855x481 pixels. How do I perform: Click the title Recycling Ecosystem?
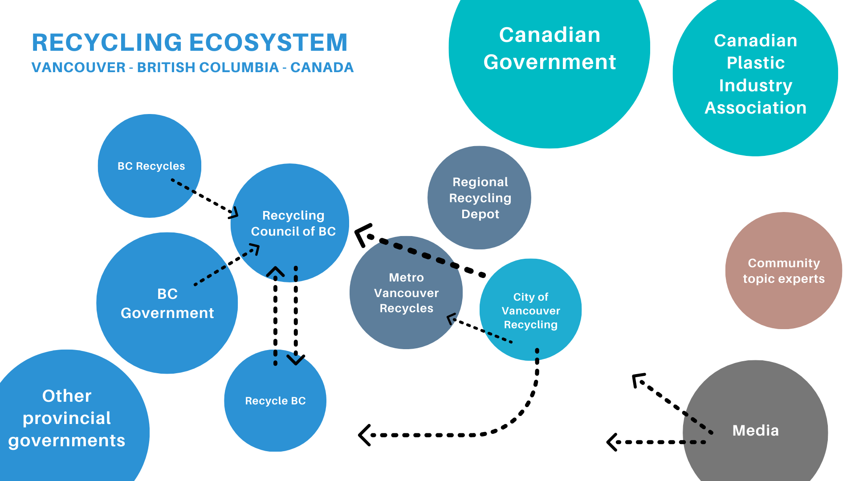pyautogui.click(x=190, y=43)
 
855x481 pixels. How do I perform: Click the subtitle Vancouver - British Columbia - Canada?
pyautogui.click(x=192, y=68)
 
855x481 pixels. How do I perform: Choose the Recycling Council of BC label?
pyautogui.click(x=293, y=223)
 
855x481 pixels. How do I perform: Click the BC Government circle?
pyautogui.click(x=167, y=303)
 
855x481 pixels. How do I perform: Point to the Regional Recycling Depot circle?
pyautogui.click(x=480, y=198)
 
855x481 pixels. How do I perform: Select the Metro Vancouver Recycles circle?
pyautogui.click(x=406, y=293)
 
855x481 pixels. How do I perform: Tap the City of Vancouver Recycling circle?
pyautogui.click(x=530, y=310)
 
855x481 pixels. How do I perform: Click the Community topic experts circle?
pyautogui.click(x=784, y=271)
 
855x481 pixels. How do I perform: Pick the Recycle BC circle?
pyautogui.click(x=275, y=401)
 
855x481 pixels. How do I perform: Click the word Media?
pyautogui.click(x=755, y=431)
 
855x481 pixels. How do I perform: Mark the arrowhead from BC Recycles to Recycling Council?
pyautogui.click(x=234, y=213)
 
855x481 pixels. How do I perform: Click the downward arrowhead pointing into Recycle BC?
pyautogui.click(x=296, y=360)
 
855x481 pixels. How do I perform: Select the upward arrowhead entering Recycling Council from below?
pyautogui.click(x=275, y=271)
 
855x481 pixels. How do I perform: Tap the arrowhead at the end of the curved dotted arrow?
pyautogui.click(x=363, y=435)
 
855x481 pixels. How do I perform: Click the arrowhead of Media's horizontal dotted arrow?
pyautogui.click(x=611, y=442)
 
